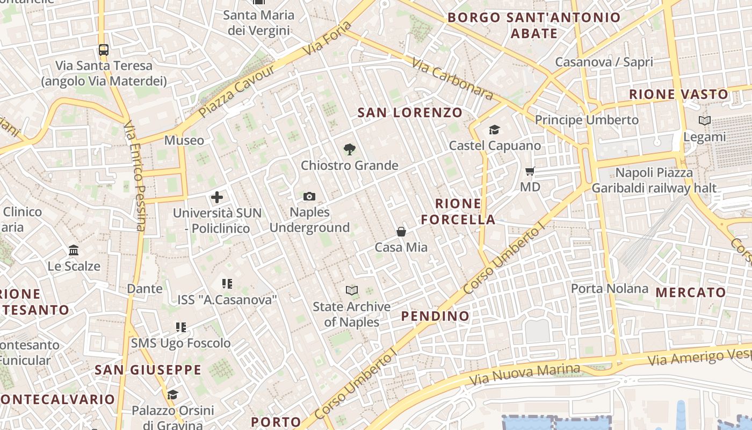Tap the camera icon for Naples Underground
[309, 197]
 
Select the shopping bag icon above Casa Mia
[401, 232]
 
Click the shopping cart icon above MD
[530, 171]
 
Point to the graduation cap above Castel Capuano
[494, 130]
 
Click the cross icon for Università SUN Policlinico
[217, 197]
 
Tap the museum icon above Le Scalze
[74, 250]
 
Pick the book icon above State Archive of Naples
[352, 291]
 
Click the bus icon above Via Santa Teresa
[104, 50]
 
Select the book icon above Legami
[705, 121]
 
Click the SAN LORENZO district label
[410, 112]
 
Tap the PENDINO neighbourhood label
[436, 316]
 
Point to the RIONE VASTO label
[679, 95]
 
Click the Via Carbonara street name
[452, 79]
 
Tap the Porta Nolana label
[610, 289]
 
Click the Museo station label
[184, 140]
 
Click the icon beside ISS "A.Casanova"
[227, 283]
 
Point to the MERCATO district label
[691, 293]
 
